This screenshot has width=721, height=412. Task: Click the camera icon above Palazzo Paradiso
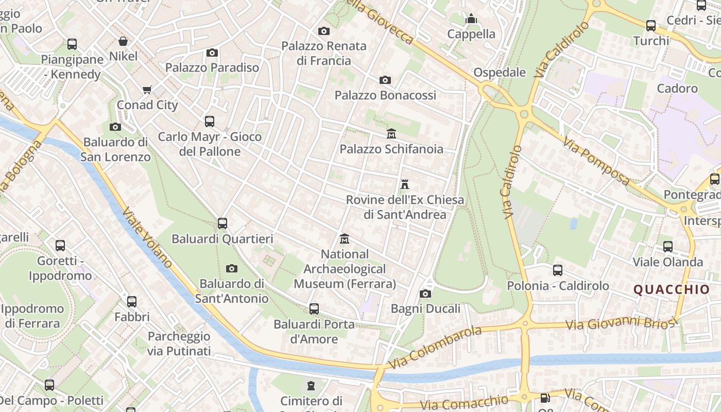[212, 53]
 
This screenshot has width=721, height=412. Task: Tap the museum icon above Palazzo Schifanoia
[391, 134]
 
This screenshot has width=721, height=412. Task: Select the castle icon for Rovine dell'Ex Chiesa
[405, 184]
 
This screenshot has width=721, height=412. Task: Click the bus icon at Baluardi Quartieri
[222, 224]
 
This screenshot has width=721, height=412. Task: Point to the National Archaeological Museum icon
[345, 239]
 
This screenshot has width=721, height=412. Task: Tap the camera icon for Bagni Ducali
[425, 294]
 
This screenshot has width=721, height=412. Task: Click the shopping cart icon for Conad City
[147, 90]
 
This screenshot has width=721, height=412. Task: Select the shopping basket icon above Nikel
[123, 41]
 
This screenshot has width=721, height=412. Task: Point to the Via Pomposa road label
[596, 161]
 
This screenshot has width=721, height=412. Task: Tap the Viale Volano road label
[147, 237]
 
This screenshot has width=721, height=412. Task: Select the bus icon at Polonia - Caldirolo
[558, 270]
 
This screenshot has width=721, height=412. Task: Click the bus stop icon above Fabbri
[132, 302]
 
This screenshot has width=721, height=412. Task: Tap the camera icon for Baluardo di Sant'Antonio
[232, 268]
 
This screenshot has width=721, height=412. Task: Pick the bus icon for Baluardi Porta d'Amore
[314, 309]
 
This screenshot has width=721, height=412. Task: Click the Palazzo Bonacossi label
[385, 95]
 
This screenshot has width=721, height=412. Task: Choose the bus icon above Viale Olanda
[668, 246]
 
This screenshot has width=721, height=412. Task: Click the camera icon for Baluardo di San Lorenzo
[115, 127]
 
